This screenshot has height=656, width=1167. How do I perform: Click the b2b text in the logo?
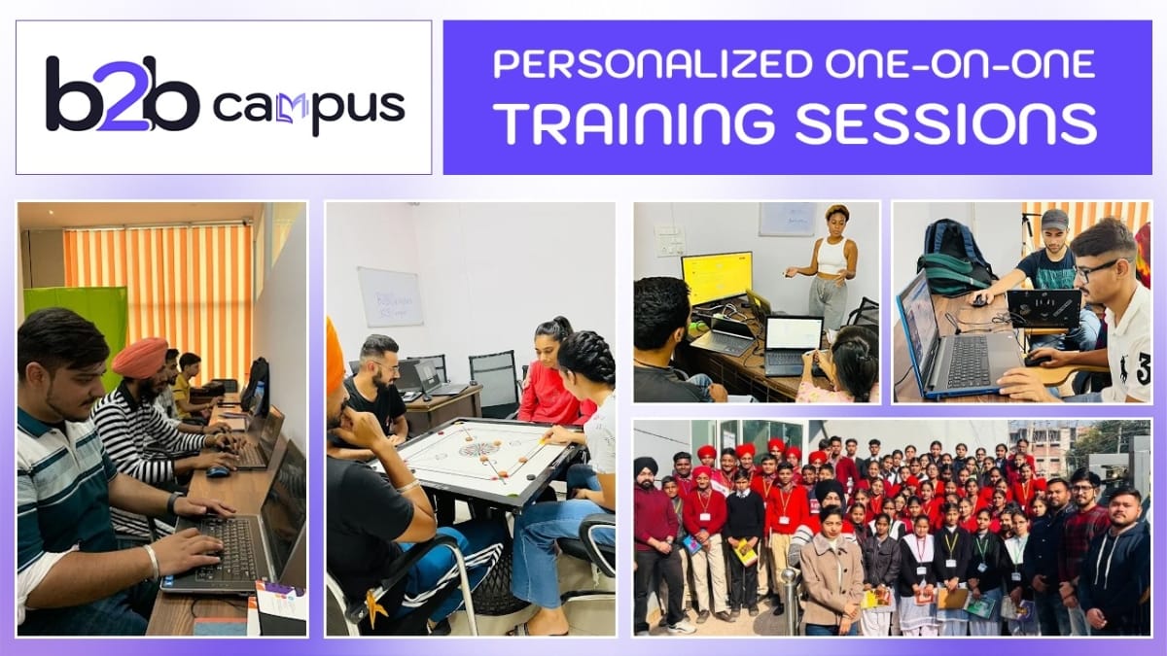click(x=122, y=94)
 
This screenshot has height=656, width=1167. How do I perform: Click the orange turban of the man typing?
click(x=139, y=358)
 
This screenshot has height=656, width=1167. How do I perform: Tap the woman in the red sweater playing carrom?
click(x=549, y=374)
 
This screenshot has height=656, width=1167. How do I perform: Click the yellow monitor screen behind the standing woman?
click(x=716, y=278)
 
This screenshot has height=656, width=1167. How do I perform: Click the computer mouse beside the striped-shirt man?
click(x=218, y=471)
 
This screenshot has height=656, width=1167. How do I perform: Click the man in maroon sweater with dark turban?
click(x=654, y=525)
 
